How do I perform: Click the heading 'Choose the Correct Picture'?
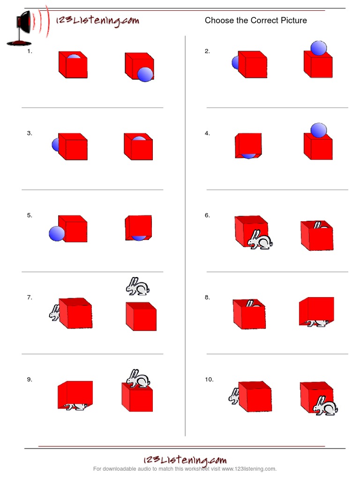[255, 21]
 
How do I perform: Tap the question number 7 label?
[30, 298]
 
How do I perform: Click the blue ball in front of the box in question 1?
[145, 74]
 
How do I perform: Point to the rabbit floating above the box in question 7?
[137, 286]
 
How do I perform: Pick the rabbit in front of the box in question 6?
[260, 240]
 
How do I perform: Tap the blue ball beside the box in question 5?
[56, 233]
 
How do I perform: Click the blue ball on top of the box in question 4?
[319, 130]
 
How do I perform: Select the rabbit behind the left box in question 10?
[234, 397]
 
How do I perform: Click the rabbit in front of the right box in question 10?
[325, 405]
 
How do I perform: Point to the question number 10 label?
[209, 380]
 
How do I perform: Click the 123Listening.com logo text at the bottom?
[185, 460]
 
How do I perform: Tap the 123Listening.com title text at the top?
[97, 21]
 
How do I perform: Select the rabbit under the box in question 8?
[316, 323]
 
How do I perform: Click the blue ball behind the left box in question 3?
[55, 145]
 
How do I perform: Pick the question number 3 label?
[30, 134]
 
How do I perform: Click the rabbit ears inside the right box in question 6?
[317, 226]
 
